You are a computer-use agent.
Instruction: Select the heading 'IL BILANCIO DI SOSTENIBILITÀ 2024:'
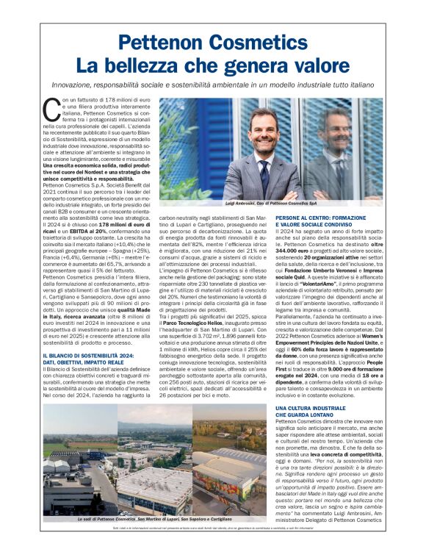[86, 335]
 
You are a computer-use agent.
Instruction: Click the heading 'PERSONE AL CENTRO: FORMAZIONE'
[325, 219]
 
